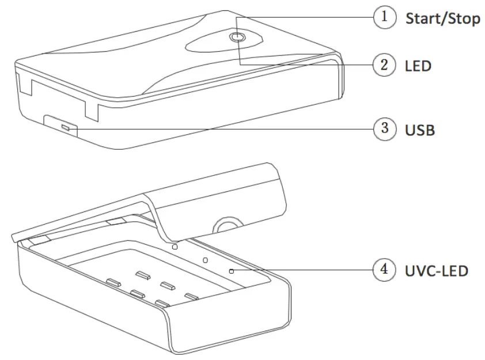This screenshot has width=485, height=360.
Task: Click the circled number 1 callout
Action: (x=385, y=17)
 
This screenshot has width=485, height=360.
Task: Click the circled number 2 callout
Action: (x=385, y=65)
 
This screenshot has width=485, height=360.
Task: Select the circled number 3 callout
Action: (x=385, y=128)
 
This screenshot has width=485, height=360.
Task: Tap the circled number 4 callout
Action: (x=385, y=269)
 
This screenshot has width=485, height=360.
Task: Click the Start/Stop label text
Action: (x=442, y=18)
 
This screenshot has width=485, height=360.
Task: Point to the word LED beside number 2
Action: (x=418, y=66)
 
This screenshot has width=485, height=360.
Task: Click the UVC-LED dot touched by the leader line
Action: (x=231, y=270)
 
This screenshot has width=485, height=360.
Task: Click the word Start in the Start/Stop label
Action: (x=424, y=18)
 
